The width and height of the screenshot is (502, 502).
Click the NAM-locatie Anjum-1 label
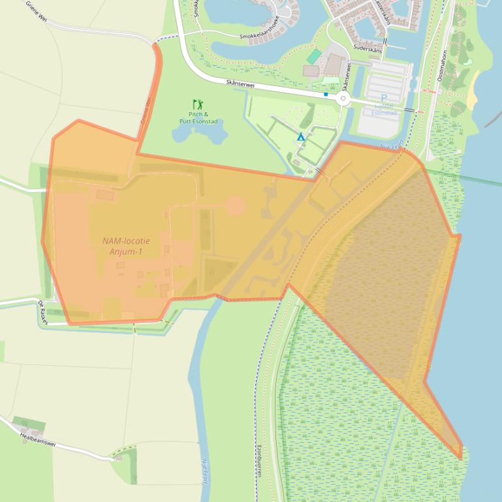click(126, 246)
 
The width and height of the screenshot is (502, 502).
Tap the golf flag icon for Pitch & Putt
click(197, 104)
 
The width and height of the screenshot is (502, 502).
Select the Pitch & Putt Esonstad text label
click(198, 117)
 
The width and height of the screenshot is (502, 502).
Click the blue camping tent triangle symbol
click(301, 137)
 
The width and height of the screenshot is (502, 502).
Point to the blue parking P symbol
click(383, 99)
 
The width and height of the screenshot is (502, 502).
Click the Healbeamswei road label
click(39, 441)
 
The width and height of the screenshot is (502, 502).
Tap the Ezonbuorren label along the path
click(259, 460)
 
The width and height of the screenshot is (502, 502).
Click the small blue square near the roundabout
click(326, 95)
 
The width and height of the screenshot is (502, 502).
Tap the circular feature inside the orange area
click(234, 206)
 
